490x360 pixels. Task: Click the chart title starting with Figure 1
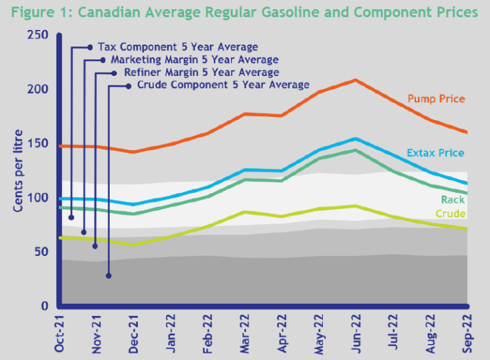click(x=244, y=13)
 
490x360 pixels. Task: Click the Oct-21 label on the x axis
click(x=59, y=334)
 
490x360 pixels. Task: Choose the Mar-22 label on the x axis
click(x=244, y=334)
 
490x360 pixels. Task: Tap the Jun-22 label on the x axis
click(x=355, y=334)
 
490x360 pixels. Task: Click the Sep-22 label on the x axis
click(x=466, y=334)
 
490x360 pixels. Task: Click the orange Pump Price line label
click(x=436, y=99)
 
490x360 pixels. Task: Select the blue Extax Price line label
click(x=435, y=153)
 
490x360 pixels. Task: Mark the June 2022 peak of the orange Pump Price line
click(x=355, y=80)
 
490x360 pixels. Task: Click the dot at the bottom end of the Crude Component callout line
click(x=108, y=276)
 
